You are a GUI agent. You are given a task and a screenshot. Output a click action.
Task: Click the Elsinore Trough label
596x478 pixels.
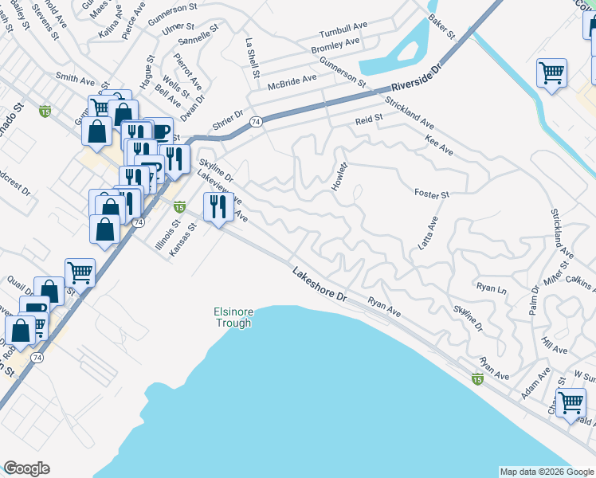[x=233, y=317]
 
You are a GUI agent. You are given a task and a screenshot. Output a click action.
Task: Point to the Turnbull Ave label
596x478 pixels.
[x=343, y=33]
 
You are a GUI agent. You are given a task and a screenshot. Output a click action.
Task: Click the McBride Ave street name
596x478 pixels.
[x=292, y=81]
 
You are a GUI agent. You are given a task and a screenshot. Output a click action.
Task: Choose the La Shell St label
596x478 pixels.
[x=253, y=57]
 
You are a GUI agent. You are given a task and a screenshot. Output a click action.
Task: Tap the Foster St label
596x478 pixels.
[x=432, y=194]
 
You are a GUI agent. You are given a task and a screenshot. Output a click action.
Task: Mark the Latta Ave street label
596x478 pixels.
[x=429, y=233]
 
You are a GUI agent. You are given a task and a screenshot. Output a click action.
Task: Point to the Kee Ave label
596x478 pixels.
[x=439, y=146]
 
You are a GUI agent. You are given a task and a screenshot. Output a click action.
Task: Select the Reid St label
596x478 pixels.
[x=369, y=119]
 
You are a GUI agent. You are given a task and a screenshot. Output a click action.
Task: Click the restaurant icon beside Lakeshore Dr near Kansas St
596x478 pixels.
[x=217, y=208]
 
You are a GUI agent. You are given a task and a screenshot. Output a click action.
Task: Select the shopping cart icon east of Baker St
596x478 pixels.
[x=551, y=73]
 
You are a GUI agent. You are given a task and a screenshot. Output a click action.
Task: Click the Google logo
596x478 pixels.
[x=26, y=468]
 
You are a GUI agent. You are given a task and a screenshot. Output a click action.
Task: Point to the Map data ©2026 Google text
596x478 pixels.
[x=546, y=472]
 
